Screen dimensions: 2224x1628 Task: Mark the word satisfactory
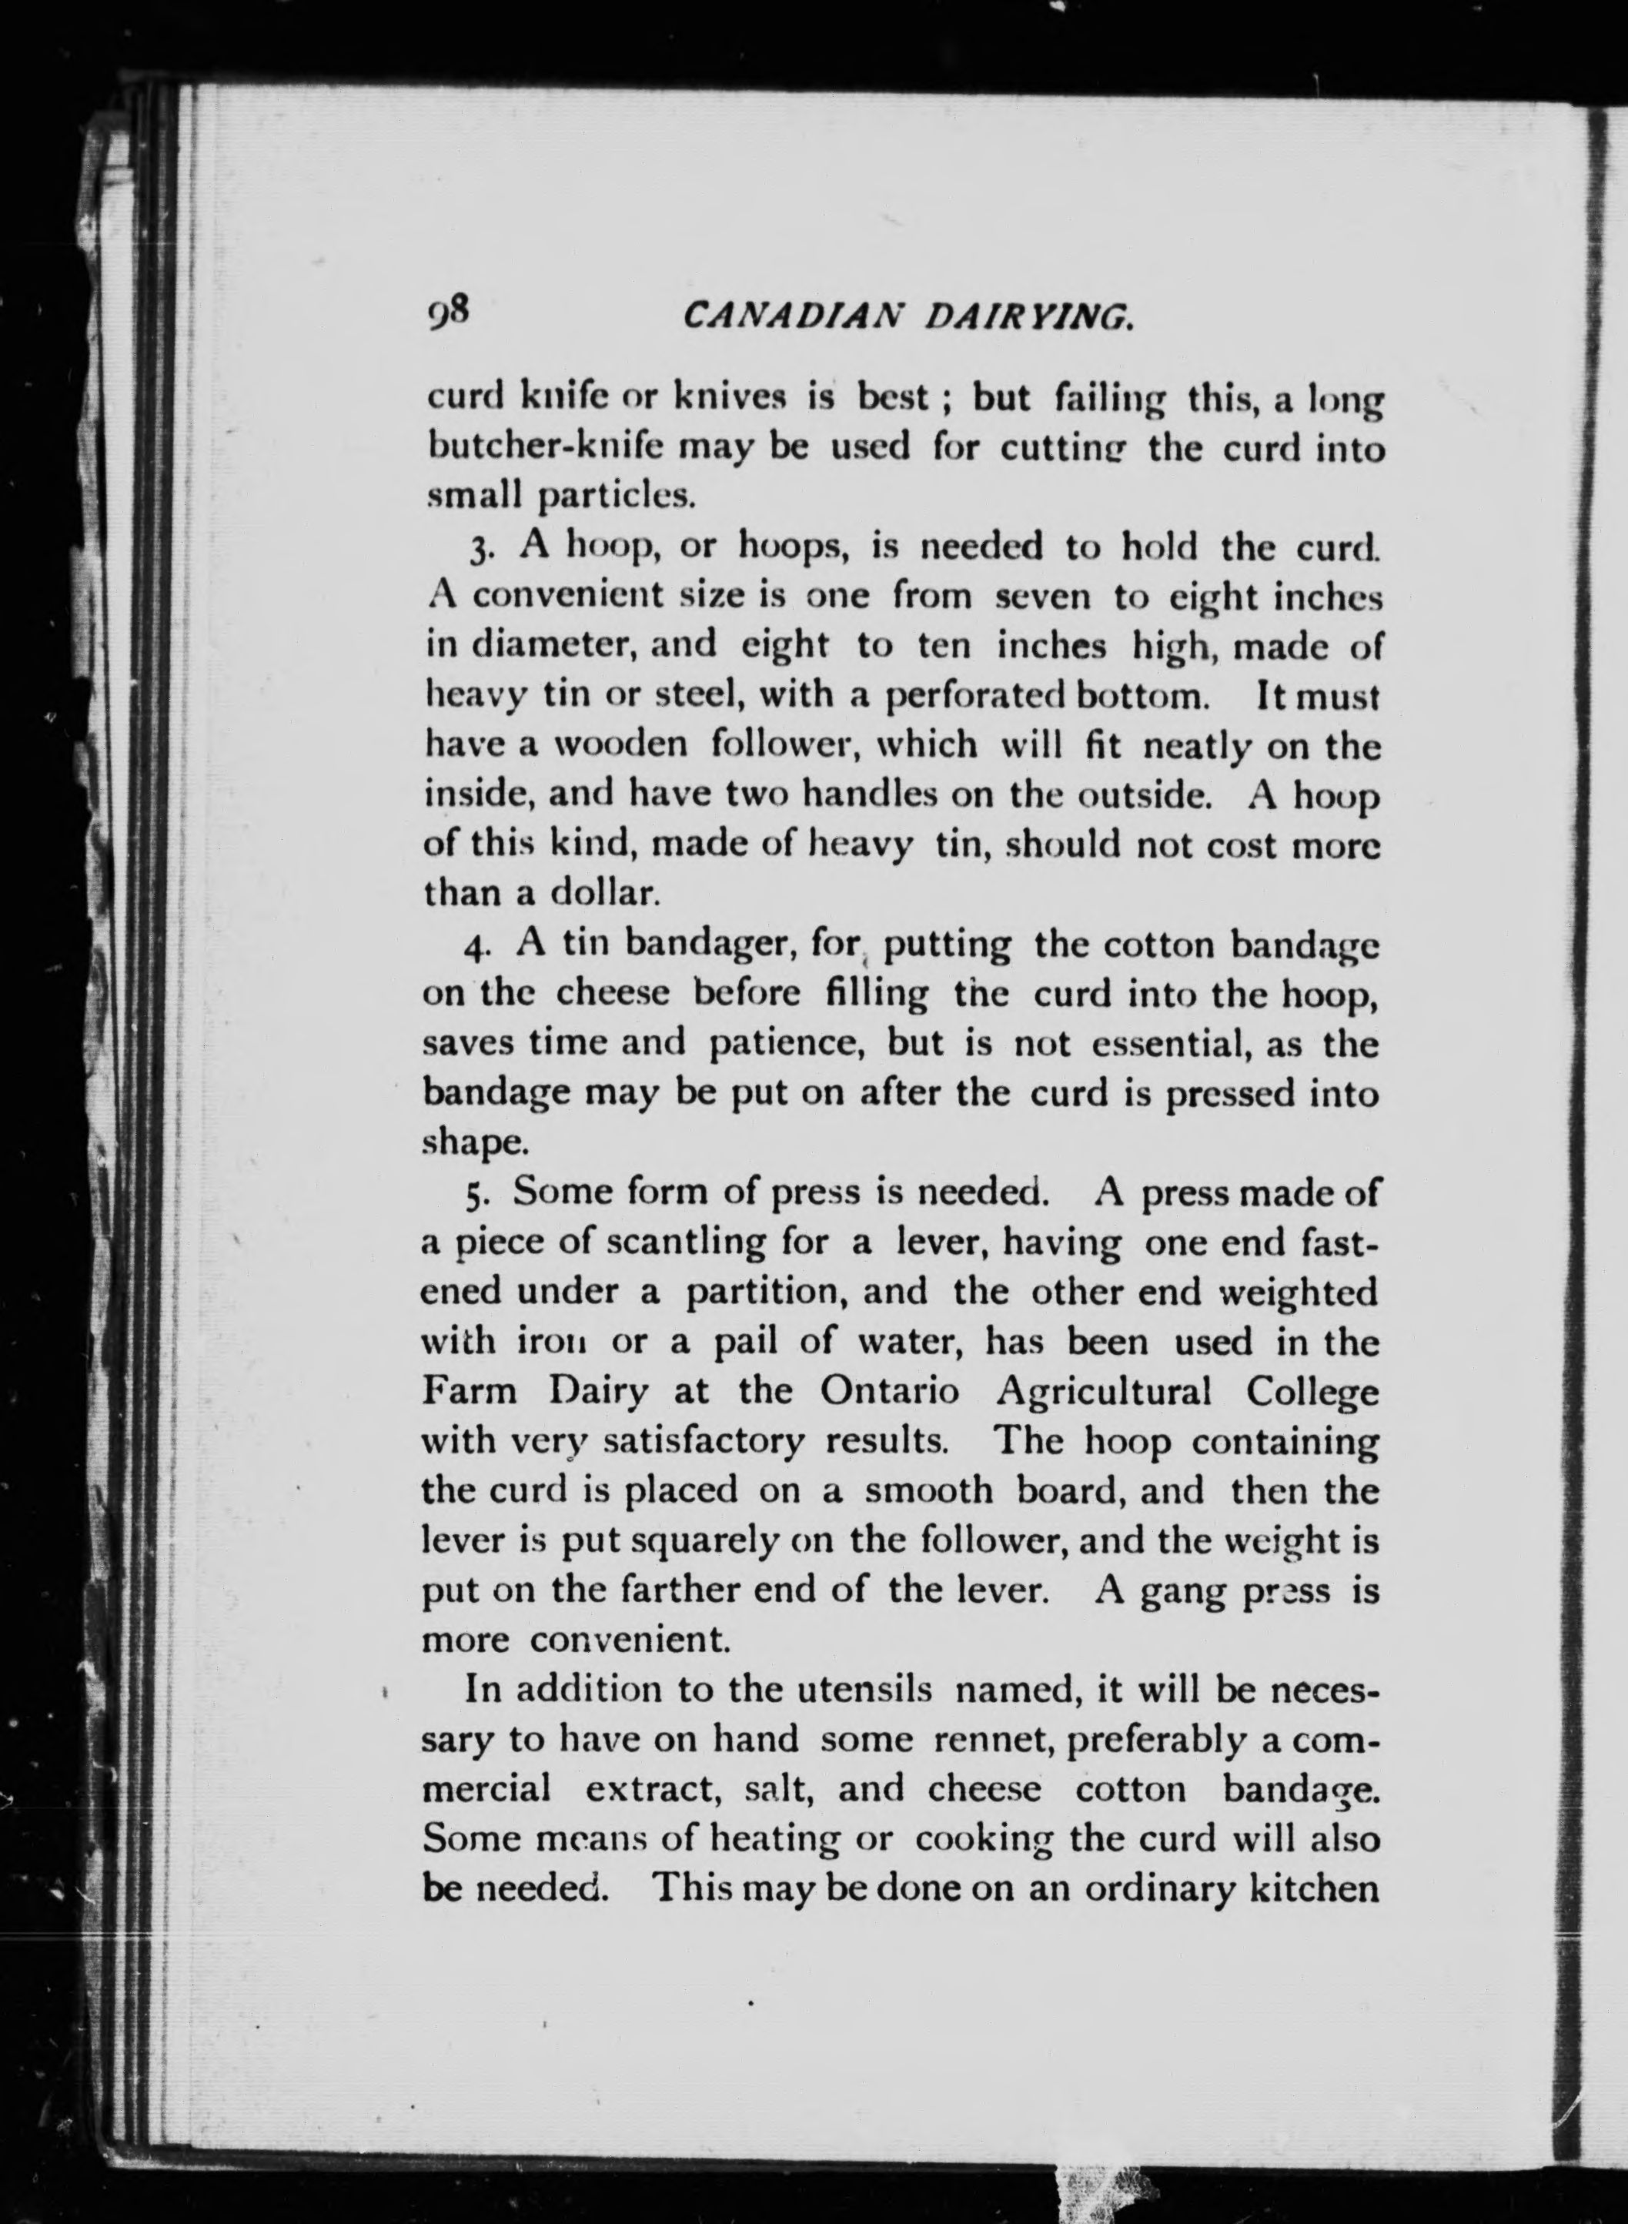click(703, 1443)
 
